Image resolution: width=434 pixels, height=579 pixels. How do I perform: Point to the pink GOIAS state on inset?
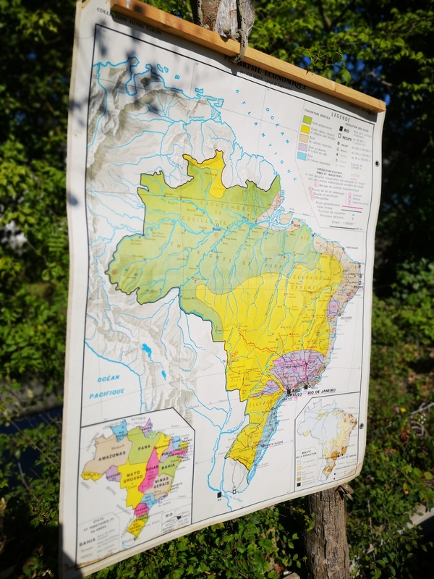tap(150, 470)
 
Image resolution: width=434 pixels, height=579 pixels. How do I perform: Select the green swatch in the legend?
tap(307, 120)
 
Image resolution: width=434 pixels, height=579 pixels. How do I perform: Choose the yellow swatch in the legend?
tap(307, 130)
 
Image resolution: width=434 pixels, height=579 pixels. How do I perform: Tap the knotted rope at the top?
tap(235, 25)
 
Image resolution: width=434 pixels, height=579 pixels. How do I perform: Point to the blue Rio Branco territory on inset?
tap(119, 430)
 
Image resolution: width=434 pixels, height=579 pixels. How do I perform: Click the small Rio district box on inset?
tap(168, 516)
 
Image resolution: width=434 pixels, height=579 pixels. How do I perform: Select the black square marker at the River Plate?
tap(218, 495)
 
